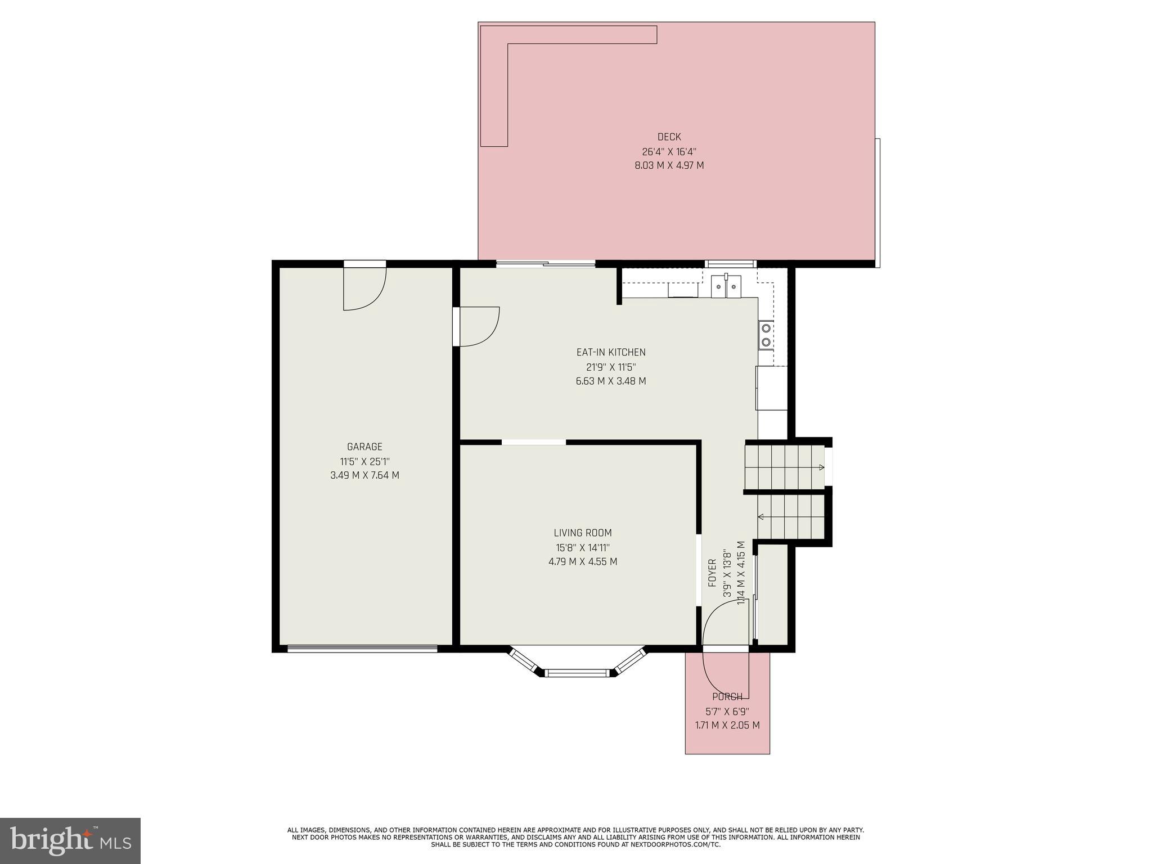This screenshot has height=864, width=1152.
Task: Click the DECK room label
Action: pyautogui.click(x=669, y=137)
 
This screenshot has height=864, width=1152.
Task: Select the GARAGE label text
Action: pyautogui.click(x=364, y=447)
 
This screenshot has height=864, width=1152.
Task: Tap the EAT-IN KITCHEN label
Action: pyautogui.click(x=611, y=352)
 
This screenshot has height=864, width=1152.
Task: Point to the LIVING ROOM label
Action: pyautogui.click(x=583, y=533)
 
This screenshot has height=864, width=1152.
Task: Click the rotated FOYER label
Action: pyautogui.click(x=713, y=573)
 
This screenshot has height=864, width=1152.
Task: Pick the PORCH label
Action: pyautogui.click(x=727, y=696)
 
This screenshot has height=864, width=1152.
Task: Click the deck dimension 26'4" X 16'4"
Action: pyautogui.click(x=669, y=151)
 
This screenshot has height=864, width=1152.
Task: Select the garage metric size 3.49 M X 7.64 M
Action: pyautogui.click(x=364, y=475)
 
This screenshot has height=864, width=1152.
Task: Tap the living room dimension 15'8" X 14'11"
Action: pyautogui.click(x=583, y=547)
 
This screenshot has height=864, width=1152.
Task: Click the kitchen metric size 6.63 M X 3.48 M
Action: pyautogui.click(x=611, y=381)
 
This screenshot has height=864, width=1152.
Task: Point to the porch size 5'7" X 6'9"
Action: pyautogui.click(x=727, y=711)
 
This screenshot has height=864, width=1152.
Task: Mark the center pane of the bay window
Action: pyautogui.click(x=577, y=672)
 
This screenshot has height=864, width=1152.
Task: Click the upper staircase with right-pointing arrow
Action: pyautogui.click(x=784, y=467)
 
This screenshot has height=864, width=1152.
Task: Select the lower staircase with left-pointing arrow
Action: pyautogui.click(x=790, y=516)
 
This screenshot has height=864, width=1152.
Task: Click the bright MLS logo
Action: pyautogui.click(x=70, y=840)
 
